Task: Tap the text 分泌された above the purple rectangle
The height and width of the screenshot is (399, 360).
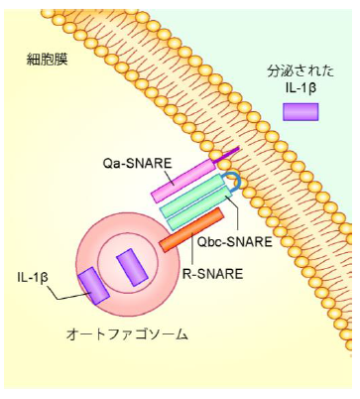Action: (x=300, y=71)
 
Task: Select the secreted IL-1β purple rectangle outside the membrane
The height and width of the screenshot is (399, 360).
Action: (x=300, y=111)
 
